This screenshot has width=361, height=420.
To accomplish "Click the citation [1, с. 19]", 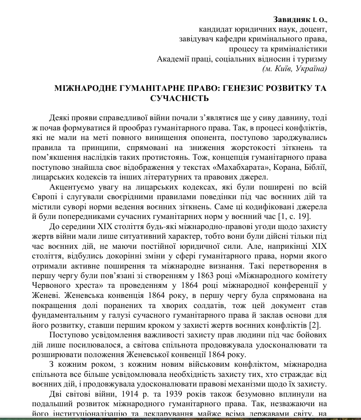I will click(309, 216).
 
